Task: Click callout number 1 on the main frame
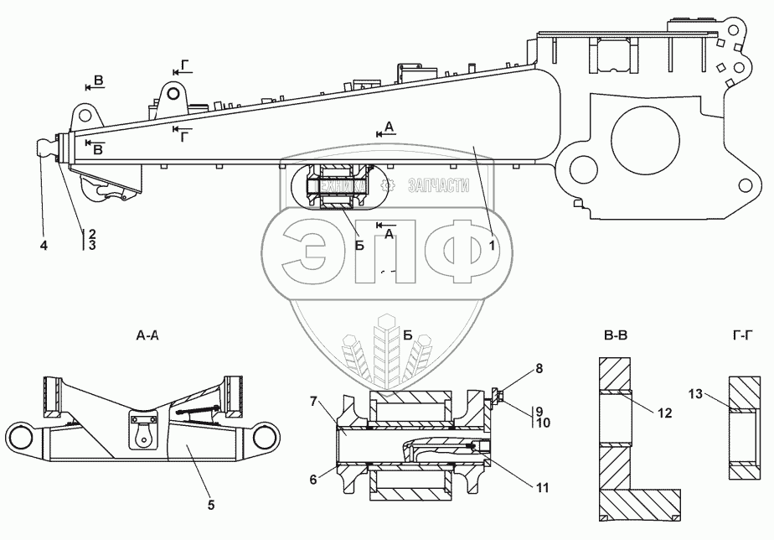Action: click(493, 246)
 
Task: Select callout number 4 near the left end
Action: click(43, 246)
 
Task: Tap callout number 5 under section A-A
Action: click(210, 505)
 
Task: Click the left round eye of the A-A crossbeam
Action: click(23, 438)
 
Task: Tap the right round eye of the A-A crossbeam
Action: click(266, 438)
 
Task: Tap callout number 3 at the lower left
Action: click(91, 246)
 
